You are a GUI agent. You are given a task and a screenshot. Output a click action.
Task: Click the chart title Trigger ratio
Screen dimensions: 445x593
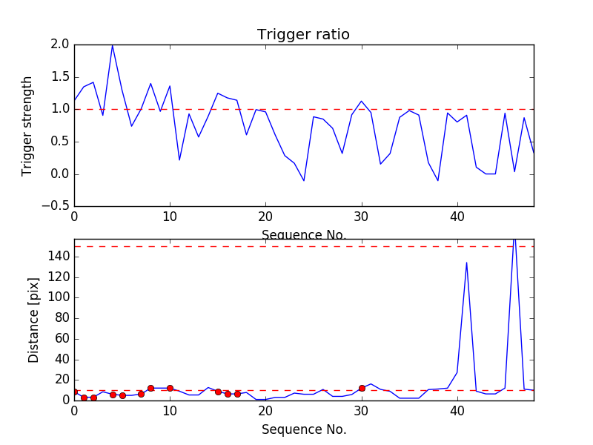[303, 35]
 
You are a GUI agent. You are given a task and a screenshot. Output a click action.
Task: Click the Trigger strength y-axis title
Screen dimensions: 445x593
[27, 125]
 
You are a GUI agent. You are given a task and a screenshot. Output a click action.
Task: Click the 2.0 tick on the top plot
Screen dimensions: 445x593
[61, 44]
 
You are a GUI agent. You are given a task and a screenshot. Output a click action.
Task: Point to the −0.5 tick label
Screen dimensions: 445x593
[56, 207]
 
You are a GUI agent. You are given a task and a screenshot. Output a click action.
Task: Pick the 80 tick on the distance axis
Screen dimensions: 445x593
[61, 318]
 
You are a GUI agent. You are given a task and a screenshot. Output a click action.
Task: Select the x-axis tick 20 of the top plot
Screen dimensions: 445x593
[265, 216]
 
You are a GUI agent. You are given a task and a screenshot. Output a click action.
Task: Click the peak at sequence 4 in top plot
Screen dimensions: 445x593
[113, 45]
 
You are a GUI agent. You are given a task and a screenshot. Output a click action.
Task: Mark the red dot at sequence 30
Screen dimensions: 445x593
[362, 388]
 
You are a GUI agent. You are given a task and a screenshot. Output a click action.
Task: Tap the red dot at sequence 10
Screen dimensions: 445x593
[170, 388]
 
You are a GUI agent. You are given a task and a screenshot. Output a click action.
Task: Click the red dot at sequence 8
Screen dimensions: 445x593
[150, 388]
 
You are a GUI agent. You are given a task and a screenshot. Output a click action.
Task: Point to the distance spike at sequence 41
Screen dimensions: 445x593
[466, 263]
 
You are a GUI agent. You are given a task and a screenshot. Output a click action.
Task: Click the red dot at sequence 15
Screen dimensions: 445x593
[218, 392]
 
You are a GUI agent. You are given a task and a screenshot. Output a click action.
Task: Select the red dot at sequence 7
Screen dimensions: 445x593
[141, 394]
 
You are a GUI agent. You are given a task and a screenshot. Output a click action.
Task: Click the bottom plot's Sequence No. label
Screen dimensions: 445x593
[303, 429]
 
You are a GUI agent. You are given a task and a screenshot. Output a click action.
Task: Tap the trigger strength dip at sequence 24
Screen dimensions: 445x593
[304, 181]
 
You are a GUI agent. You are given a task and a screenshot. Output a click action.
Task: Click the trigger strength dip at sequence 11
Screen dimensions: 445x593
[179, 159]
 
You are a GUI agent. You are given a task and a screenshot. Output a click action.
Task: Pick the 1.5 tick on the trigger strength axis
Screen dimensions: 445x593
[61, 77]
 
